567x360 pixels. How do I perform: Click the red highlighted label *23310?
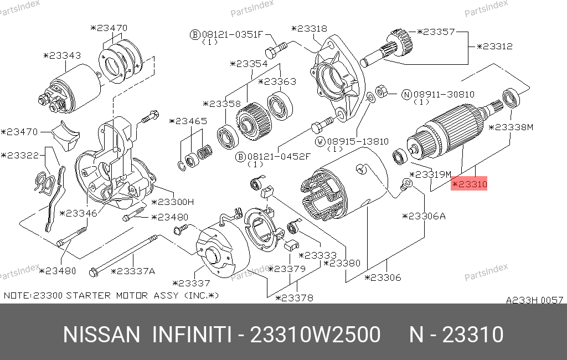point(469,184)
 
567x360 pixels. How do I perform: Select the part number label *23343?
point(62,55)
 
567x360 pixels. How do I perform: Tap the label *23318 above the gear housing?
point(309,29)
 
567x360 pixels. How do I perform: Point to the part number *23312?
point(494,47)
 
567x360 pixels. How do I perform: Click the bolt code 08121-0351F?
point(232,34)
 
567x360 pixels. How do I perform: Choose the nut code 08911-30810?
point(444,95)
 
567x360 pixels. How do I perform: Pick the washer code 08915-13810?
point(358,141)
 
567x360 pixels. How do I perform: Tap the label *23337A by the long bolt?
point(133,271)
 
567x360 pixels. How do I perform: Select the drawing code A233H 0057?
point(534,300)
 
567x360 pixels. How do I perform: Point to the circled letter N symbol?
point(407,95)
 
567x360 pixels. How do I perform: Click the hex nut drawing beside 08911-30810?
point(381,91)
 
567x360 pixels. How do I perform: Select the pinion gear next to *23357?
point(400,42)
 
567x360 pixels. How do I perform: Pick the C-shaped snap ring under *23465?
point(182,166)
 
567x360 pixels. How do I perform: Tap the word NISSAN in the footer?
point(101,335)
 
